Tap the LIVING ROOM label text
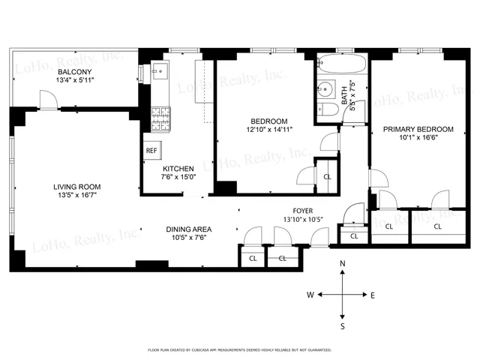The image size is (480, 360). click(x=76, y=187)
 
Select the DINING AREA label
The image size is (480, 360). click(x=188, y=229)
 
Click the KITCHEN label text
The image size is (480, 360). click(x=178, y=169)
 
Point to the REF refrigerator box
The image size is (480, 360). click(x=151, y=150)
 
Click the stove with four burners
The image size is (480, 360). click(x=161, y=117)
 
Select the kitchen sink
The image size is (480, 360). click(x=158, y=73)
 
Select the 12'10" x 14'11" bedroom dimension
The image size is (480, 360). click(x=268, y=130)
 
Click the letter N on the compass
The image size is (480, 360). click(x=343, y=263)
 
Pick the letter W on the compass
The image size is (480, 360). click(x=309, y=295)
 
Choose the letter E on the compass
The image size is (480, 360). click(x=373, y=295)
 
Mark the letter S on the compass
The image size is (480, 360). click(x=343, y=326)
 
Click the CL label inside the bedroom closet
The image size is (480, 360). click(x=327, y=176)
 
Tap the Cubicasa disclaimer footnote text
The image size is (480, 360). click(x=239, y=349)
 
